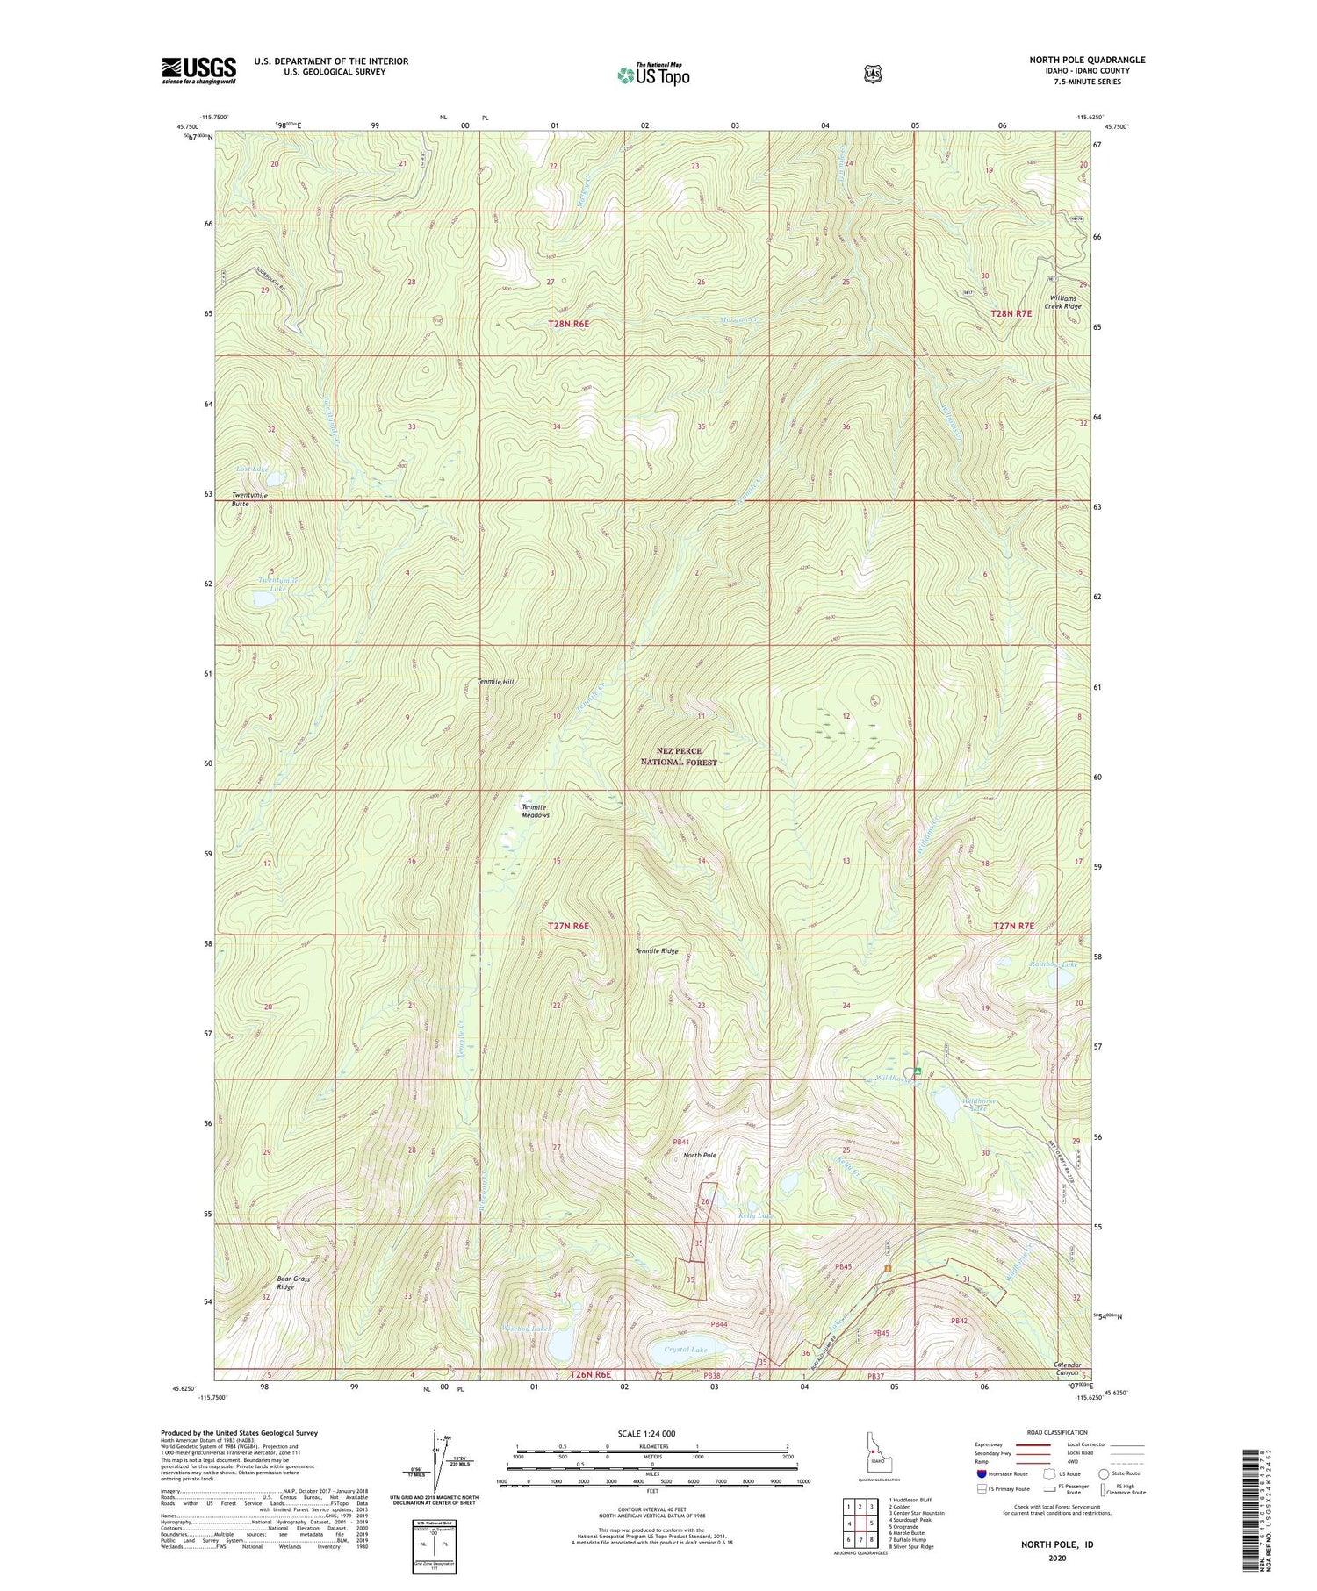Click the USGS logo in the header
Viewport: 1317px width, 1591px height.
(x=198, y=70)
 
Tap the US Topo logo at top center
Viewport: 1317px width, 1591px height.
(x=653, y=75)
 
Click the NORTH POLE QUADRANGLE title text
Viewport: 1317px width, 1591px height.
(x=1087, y=61)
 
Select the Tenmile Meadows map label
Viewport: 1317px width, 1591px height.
(x=535, y=811)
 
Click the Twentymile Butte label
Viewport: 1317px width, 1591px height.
(x=249, y=499)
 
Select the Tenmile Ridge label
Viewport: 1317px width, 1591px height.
(x=657, y=950)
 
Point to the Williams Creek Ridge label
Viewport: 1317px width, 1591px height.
(x=1061, y=302)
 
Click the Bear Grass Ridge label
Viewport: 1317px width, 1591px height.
(x=293, y=1283)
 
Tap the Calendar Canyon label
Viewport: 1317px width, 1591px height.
(x=1072, y=1369)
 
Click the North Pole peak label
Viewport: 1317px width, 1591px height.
(x=700, y=1155)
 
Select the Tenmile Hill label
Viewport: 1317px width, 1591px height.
(x=495, y=682)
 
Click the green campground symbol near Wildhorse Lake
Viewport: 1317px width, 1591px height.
(x=917, y=1071)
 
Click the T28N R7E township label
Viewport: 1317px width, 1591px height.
(x=1012, y=313)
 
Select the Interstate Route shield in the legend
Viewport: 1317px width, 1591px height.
(x=981, y=1473)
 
